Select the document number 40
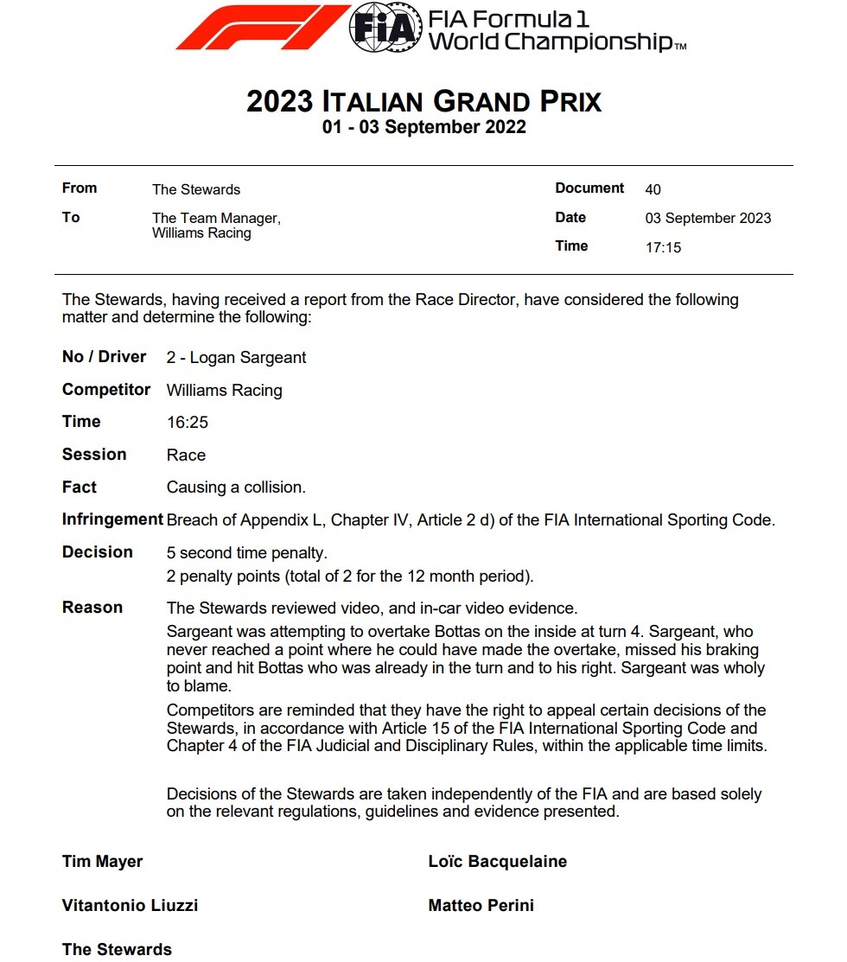click(653, 189)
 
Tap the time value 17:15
click(663, 247)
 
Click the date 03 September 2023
click(708, 218)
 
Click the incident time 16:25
click(188, 423)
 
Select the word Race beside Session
click(186, 456)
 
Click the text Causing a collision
click(236, 487)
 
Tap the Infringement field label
click(112, 519)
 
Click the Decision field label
click(98, 552)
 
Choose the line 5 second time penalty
click(247, 553)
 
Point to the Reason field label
click(92, 608)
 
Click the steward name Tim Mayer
click(103, 861)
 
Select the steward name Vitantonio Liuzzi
click(131, 905)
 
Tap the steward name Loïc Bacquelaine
click(498, 861)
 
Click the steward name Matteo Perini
click(481, 905)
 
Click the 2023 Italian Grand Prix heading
click(423, 101)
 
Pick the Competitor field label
click(106, 390)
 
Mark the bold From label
click(80, 188)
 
